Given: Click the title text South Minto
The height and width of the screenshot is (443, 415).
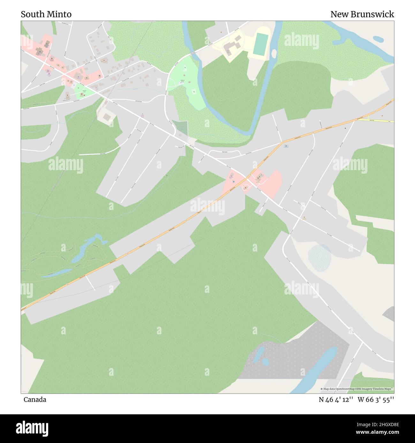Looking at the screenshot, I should pos(46,14).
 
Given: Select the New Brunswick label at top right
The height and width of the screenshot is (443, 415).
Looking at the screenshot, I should pos(362,14).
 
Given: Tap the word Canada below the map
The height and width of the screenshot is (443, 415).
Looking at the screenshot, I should pos(35,400).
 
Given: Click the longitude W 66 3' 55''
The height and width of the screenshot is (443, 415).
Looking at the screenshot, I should pos(376,400).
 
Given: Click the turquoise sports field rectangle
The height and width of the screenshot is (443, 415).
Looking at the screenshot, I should pos(261,44).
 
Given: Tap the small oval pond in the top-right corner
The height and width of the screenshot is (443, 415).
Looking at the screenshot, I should pos(378,39).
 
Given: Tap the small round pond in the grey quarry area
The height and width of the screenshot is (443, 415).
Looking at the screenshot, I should pos(265,362).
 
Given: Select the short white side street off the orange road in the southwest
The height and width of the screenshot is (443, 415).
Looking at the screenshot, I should pos(90,283).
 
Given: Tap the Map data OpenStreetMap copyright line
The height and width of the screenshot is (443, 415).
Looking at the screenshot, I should pos(357,389).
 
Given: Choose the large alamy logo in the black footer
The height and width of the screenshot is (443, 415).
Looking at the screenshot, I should pos(32,428).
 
